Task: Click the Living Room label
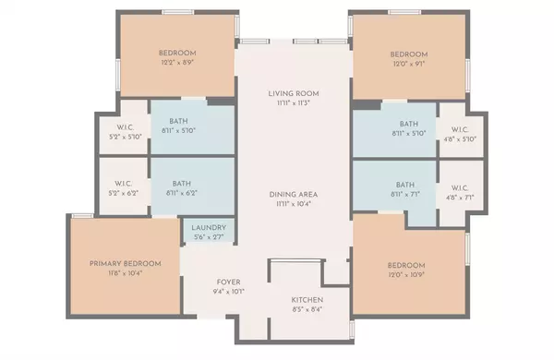point(293,93)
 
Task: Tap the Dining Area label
point(294,194)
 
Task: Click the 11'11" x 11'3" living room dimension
point(293,103)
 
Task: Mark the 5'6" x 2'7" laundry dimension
point(209,238)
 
